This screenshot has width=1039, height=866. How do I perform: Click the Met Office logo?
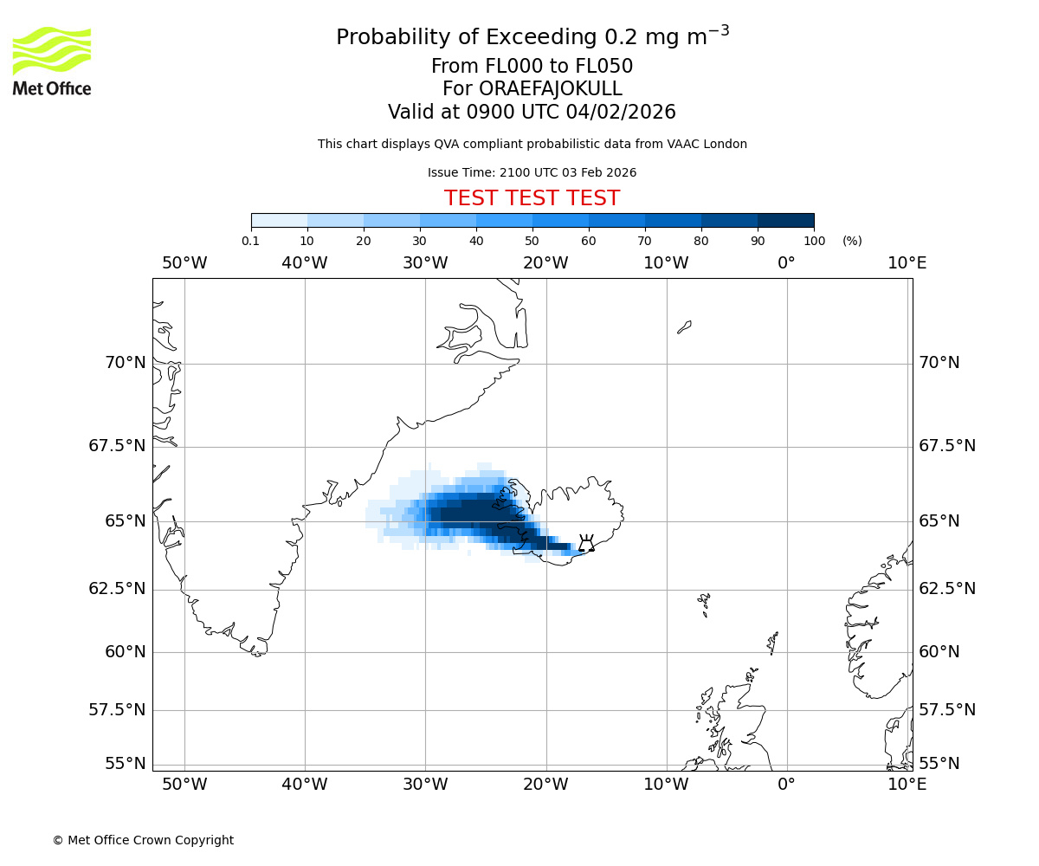point(52,61)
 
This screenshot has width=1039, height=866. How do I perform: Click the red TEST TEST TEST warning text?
point(532,198)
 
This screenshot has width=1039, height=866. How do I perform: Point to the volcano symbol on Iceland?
point(586,544)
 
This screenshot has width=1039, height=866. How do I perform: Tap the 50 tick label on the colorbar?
point(532,241)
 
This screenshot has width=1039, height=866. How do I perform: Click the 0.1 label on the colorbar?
point(251,241)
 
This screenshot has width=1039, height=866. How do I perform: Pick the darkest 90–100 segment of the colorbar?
point(785,221)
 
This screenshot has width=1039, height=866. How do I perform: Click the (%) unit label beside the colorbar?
point(852,241)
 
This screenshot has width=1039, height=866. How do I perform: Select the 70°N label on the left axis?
point(126,362)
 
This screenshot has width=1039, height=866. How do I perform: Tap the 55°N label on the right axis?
point(939,763)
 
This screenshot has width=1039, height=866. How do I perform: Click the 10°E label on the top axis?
point(907,263)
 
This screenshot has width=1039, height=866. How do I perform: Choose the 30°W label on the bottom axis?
point(425,784)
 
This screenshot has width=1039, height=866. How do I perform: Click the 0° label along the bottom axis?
point(786,784)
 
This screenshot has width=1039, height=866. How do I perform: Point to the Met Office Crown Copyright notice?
point(143,840)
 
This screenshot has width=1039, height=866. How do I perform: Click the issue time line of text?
point(532,172)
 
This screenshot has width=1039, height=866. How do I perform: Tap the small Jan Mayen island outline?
point(684,326)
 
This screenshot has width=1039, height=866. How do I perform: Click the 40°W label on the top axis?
point(305,263)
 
